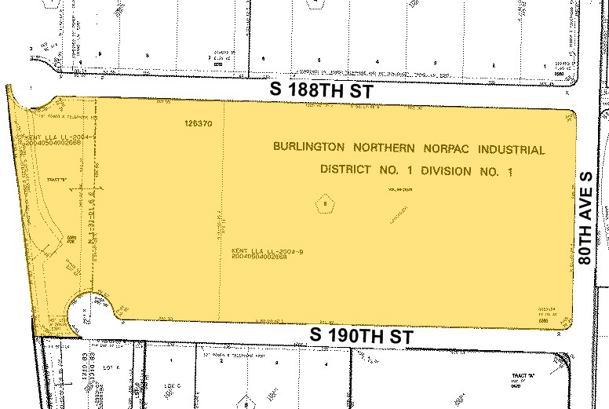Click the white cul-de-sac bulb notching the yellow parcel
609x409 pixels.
click(89, 312)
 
